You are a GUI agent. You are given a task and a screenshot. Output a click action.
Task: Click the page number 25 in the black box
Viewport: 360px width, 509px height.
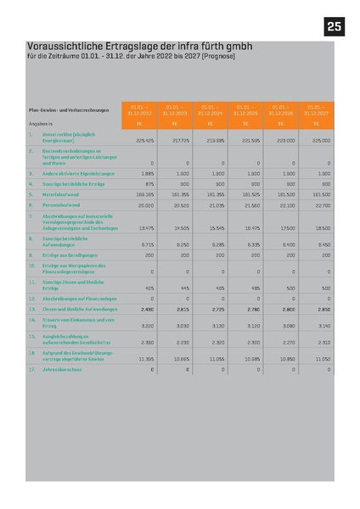(x=334, y=26)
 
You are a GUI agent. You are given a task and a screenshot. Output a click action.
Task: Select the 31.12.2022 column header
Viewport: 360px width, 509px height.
(x=139, y=109)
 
